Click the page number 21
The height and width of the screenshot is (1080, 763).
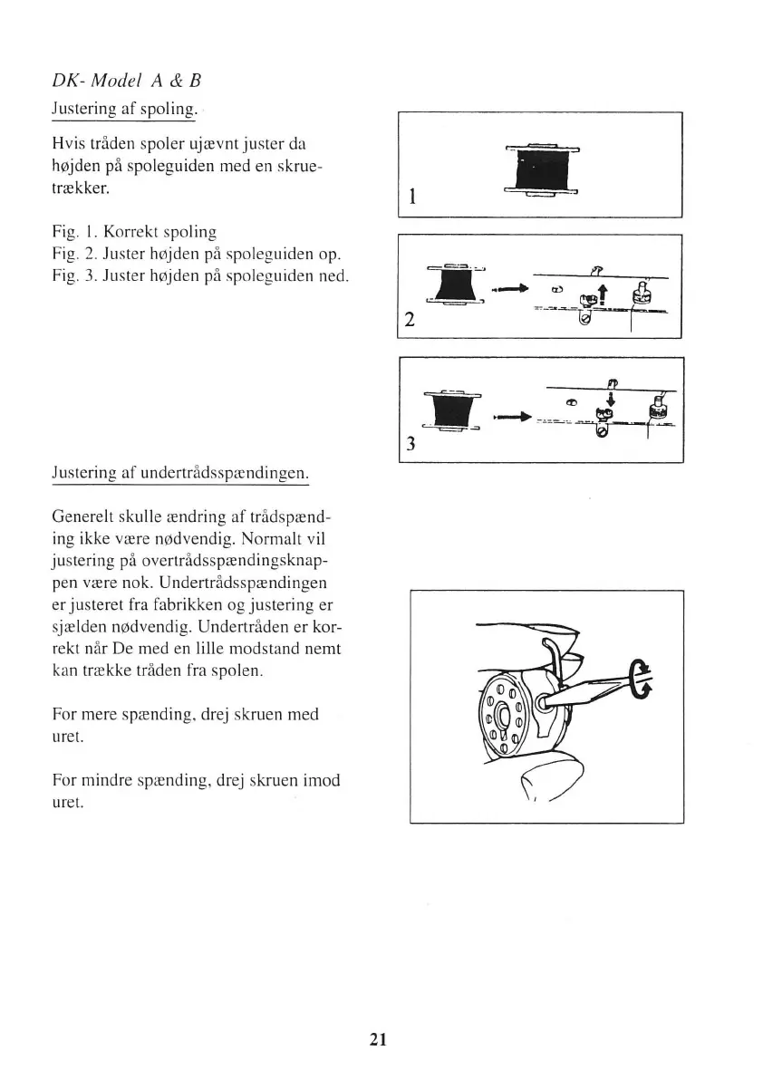[379, 1039]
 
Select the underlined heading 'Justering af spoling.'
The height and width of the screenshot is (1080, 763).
[124, 109]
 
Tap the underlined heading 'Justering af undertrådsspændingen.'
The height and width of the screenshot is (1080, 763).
[180, 473]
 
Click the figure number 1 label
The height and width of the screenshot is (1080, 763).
[412, 197]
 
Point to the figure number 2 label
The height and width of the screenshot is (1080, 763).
[411, 320]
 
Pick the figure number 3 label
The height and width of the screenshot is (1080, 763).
[411, 444]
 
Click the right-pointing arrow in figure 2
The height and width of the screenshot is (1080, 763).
[509, 289]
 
